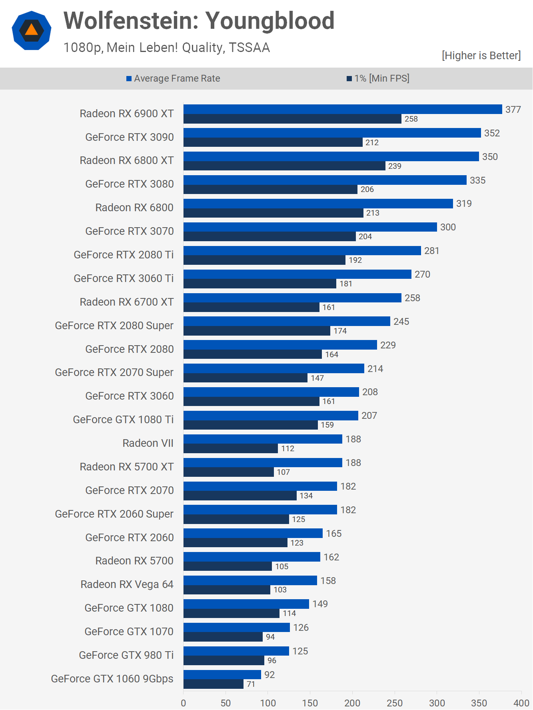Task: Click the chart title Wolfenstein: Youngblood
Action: pos(199,21)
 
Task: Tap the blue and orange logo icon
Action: pos(32,30)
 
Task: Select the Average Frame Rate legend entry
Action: pos(173,78)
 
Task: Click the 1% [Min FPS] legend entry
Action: pos(378,78)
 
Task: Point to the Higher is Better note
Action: pos(481,56)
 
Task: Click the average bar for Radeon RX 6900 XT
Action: pos(343,109)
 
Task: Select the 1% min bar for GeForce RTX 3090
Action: pos(273,142)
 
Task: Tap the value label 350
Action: pos(490,157)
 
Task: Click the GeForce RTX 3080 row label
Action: pos(130,184)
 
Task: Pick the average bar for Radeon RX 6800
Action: pos(318,204)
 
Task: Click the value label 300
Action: pos(448,227)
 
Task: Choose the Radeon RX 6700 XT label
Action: pos(127,302)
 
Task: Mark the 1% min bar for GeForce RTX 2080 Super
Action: pos(257,331)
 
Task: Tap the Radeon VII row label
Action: pos(148,443)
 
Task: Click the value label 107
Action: pos(283,472)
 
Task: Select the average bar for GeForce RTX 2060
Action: pos(253,533)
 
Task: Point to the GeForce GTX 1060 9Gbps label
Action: pos(112,679)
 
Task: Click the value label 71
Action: pos(251,684)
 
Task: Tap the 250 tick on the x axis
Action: pos(395,703)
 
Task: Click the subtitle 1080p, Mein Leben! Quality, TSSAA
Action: pos(167,48)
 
